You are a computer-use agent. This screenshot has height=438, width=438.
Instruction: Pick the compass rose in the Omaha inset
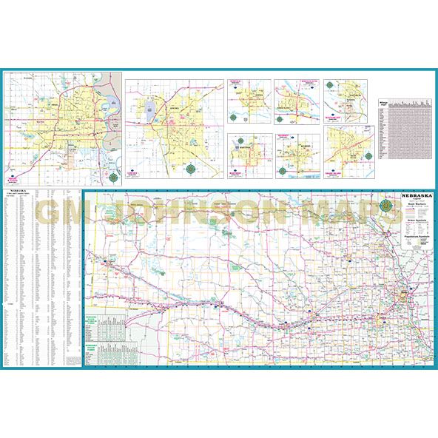coord(113,177)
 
